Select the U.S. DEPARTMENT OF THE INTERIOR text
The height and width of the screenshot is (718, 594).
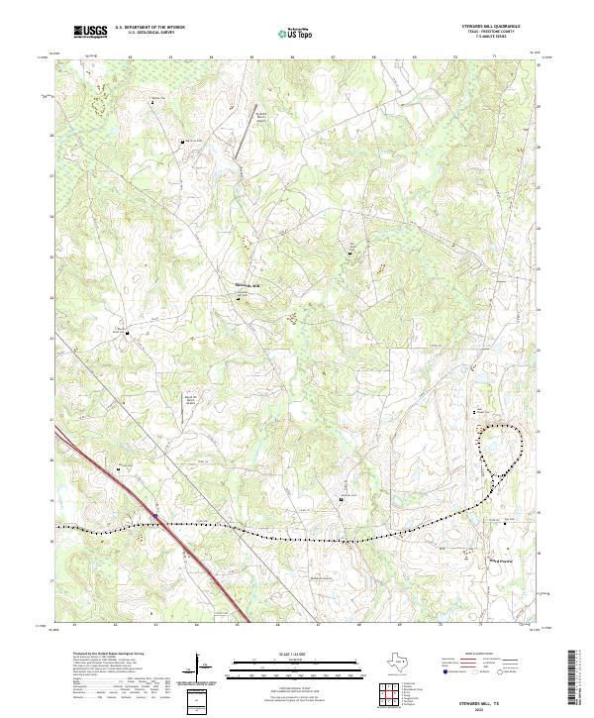coord(149,27)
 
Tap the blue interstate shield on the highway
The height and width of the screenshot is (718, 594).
coord(155,516)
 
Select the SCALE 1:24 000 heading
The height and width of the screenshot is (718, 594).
coord(296,655)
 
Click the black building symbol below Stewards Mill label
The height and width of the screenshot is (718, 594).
coord(237,297)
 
